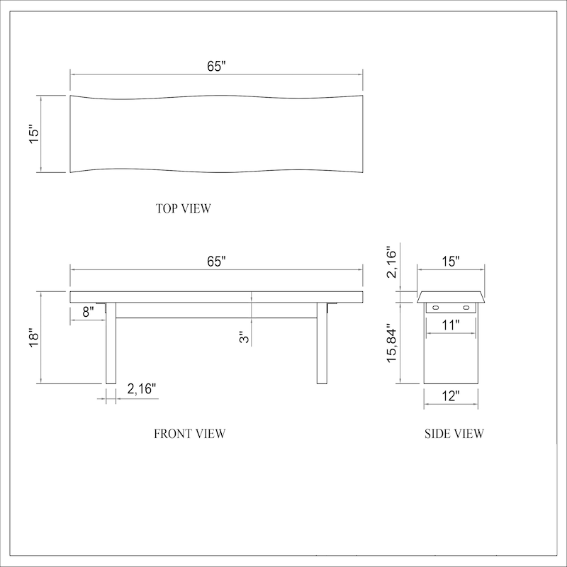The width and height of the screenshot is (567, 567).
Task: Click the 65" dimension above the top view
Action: (216, 66)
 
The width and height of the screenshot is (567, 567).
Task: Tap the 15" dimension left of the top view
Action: (33, 134)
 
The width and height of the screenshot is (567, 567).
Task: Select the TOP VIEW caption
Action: (184, 208)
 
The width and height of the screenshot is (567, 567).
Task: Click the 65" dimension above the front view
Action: (216, 261)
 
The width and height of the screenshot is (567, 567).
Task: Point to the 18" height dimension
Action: (33, 338)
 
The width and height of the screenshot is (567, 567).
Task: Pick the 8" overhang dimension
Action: (88, 311)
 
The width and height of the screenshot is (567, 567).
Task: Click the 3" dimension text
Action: (245, 337)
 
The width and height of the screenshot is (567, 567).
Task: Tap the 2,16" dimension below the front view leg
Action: (141, 388)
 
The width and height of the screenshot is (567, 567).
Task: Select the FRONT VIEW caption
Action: (190, 434)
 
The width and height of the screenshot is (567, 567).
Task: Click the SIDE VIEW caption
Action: (454, 434)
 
